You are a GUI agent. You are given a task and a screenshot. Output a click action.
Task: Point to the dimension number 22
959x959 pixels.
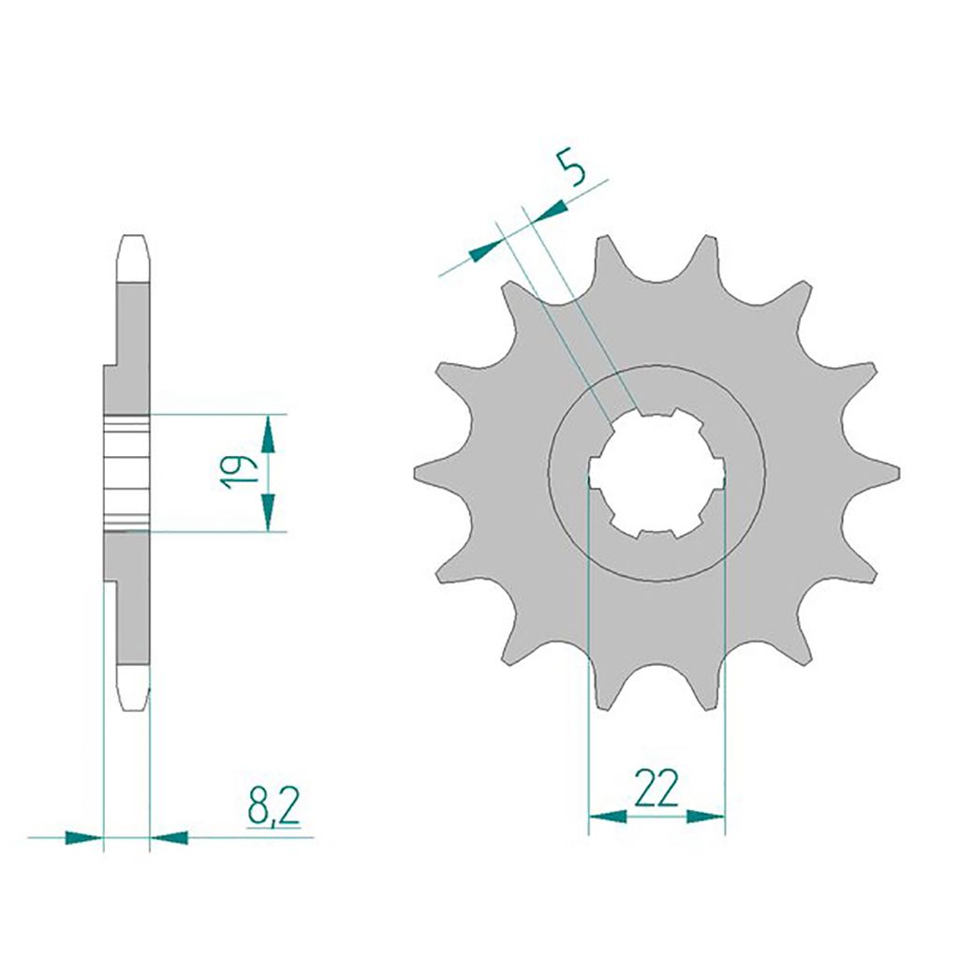657,788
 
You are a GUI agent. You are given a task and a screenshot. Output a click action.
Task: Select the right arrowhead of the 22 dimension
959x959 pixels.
706,816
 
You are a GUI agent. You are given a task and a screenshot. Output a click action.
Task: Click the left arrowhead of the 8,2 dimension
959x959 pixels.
83,836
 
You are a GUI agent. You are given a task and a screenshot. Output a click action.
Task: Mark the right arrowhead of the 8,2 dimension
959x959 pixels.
170,836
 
